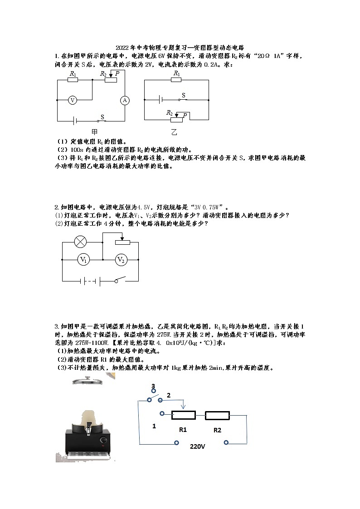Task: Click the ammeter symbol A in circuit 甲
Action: pyautogui.click(x=125, y=100)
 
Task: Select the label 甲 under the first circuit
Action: pyautogui.click(x=94, y=132)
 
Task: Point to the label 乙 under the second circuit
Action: pyautogui.click(x=175, y=132)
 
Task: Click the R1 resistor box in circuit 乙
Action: pyautogui.click(x=176, y=80)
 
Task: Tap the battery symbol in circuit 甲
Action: pyautogui.click(x=76, y=121)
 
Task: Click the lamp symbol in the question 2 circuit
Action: pyautogui.click(x=81, y=242)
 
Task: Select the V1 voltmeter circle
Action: pyautogui.click(x=83, y=260)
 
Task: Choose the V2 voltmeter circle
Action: pyautogui.click(x=121, y=260)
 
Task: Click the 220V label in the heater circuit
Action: pyautogui.click(x=197, y=446)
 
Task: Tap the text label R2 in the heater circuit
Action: pyautogui.click(x=217, y=430)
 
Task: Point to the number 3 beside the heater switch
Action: pyautogui.click(x=153, y=386)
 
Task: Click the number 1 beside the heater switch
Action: pyautogui.click(x=154, y=427)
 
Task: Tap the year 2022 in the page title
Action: pyautogui.click(x=122, y=48)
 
